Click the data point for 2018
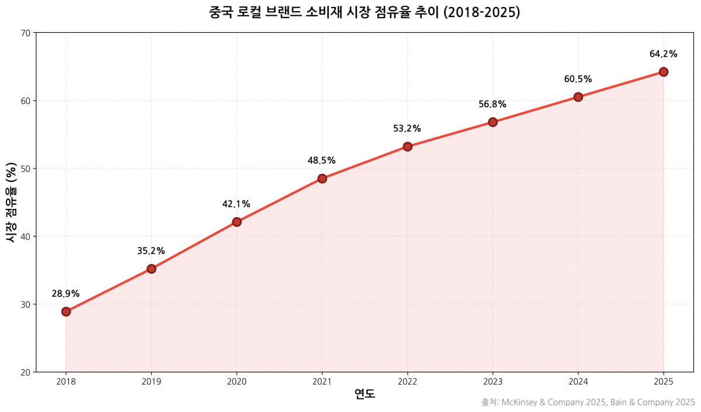click(x=66, y=311)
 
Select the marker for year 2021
click(x=322, y=178)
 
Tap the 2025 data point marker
click(x=664, y=72)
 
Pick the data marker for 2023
click(x=492, y=122)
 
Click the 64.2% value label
click(x=664, y=54)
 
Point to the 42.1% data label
click(x=237, y=204)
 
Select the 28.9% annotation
click(x=66, y=294)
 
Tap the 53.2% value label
click(x=407, y=129)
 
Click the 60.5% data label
click(x=578, y=79)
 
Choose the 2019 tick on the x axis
click(x=151, y=382)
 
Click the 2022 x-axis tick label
click(x=407, y=382)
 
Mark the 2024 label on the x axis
click(x=578, y=382)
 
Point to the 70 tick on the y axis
click(x=26, y=33)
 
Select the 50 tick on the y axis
click(x=26, y=169)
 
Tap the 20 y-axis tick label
click(x=26, y=372)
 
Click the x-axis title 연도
click(x=365, y=394)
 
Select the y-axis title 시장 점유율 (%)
click(x=11, y=202)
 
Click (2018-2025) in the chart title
click(x=481, y=12)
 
